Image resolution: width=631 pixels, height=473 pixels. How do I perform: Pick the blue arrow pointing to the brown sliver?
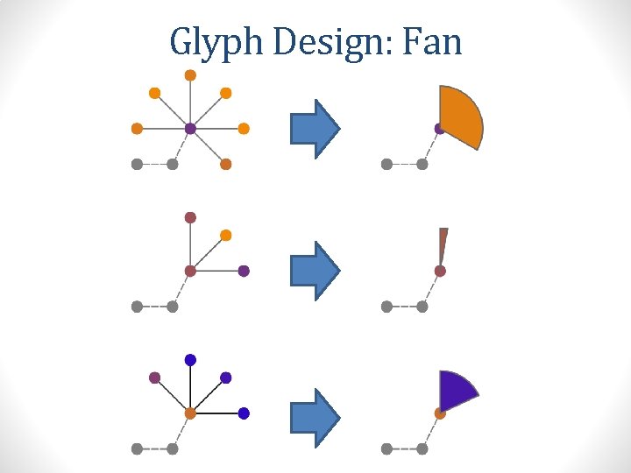(x=315, y=271)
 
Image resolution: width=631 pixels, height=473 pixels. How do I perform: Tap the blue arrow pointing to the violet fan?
(x=315, y=413)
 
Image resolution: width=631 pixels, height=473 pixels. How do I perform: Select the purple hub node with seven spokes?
(x=190, y=129)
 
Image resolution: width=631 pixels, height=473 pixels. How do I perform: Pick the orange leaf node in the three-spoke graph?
(x=225, y=235)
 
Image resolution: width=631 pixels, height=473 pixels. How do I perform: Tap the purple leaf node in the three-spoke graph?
(x=244, y=271)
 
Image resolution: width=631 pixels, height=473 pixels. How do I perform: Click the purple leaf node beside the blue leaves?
(x=154, y=378)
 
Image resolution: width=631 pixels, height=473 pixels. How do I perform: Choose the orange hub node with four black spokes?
(x=190, y=413)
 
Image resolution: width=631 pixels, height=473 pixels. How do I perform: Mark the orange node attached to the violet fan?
(x=440, y=413)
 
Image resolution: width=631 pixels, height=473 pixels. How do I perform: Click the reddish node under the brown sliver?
(x=440, y=272)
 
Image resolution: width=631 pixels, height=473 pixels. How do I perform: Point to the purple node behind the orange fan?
(x=439, y=129)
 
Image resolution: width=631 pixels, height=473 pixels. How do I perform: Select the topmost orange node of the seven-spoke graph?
(x=190, y=75)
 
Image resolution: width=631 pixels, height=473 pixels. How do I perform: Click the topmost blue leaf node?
(x=190, y=359)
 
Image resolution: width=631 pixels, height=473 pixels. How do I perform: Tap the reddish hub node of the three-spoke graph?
(x=190, y=271)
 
